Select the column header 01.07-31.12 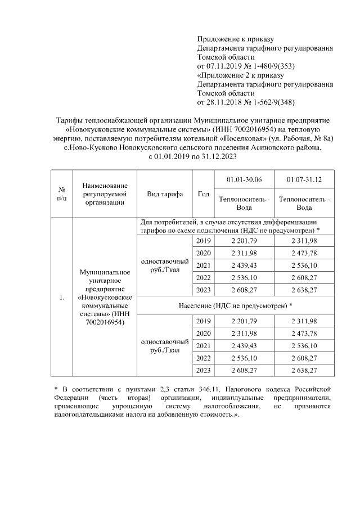(x=304, y=179)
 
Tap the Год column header (x=203, y=194)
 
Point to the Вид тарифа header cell (x=165, y=194)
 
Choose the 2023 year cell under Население (x=203, y=370)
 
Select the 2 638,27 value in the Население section (x=304, y=370)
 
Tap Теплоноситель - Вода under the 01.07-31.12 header (x=304, y=203)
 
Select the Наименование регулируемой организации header (x=104, y=194)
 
